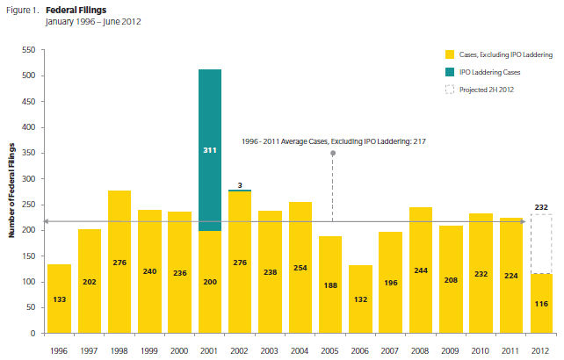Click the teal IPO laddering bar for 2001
tap(209, 123)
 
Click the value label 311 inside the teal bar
tap(209, 151)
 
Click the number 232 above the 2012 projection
tap(541, 207)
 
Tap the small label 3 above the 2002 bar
tap(239, 184)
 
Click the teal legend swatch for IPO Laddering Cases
tap(450, 71)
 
